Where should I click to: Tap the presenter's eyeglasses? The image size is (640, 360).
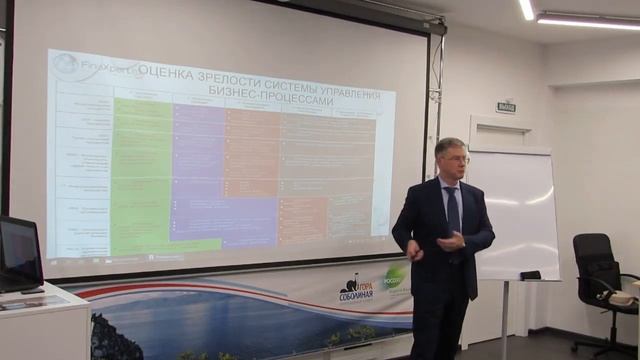point(453,161)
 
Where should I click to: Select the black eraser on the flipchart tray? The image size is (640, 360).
point(530,275)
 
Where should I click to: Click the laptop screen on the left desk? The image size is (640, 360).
point(19,250)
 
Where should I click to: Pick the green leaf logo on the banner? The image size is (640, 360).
point(397,276)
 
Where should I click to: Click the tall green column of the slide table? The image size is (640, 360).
point(141,170)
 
